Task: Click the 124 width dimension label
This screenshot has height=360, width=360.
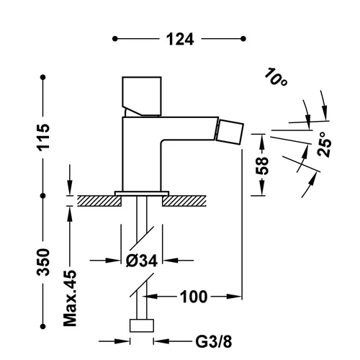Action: tap(180, 39)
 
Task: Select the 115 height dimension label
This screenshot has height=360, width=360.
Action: tap(43, 138)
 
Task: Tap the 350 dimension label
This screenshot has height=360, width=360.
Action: tap(43, 262)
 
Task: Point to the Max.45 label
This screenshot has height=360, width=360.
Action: tap(70, 298)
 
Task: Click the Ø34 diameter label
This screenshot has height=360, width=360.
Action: tap(142, 260)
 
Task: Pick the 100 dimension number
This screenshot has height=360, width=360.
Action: tap(194, 297)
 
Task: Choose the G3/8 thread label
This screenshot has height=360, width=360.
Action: tap(214, 341)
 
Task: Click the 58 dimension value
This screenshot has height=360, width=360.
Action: tap(262, 165)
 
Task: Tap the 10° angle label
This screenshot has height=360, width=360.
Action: tap(276, 77)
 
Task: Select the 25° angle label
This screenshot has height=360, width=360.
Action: tap(325, 145)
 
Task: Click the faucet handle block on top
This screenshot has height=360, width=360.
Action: tap(142, 96)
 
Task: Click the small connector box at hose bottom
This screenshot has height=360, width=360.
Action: tap(142, 325)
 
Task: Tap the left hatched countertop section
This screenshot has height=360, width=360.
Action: tap(99, 201)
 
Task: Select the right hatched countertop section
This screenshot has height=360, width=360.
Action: tap(184, 201)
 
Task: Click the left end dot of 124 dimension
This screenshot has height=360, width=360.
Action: tap(115, 39)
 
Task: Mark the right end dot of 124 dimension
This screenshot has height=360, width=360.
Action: tap(243, 39)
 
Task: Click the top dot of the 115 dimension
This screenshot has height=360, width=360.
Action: tap(43, 77)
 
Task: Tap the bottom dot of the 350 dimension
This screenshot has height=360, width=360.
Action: tap(43, 326)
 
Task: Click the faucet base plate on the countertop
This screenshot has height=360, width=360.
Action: tap(142, 194)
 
